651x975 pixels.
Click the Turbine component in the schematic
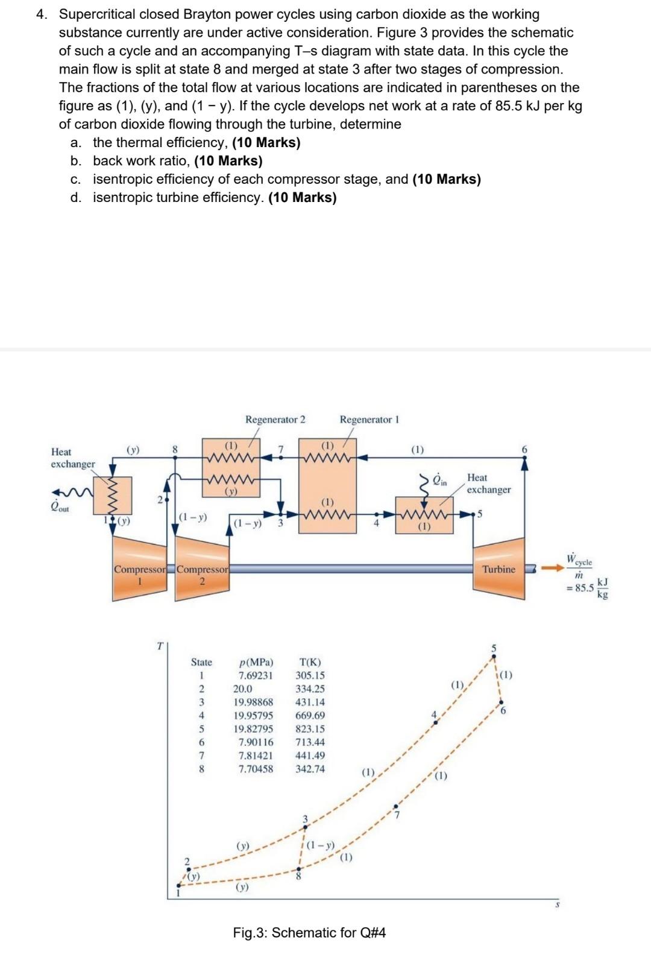(498, 569)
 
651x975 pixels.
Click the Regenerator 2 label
(275, 419)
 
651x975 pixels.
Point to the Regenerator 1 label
(369, 419)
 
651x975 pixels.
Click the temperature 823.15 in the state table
(310, 728)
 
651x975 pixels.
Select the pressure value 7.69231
(255, 675)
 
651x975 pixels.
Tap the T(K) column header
(310, 662)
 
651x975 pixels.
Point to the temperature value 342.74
(310, 769)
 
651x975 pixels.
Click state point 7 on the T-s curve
(395, 806)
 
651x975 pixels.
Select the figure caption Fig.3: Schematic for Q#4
(309, 933)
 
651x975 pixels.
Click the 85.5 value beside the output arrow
(583, 587)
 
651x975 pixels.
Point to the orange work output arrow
(548, 567)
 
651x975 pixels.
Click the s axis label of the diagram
(558, 904)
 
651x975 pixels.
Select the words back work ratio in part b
(142, 161)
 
